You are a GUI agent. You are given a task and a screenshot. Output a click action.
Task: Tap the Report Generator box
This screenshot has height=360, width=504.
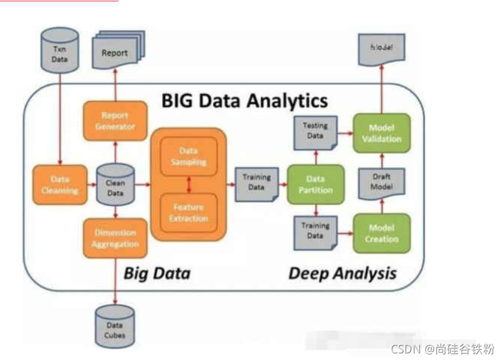coord(115,121)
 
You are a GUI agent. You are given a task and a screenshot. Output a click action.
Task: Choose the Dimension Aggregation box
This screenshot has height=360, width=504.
coord(115,238)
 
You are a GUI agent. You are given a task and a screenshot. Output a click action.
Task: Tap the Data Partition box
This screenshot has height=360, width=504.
coord(315,183)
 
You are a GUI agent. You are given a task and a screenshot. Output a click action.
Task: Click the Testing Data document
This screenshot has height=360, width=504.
coord(315,132)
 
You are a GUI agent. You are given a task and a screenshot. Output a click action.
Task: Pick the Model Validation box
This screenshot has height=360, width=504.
coord(382,132)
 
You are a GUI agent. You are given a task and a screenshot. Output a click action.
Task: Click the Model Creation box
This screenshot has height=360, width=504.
coord(382,233)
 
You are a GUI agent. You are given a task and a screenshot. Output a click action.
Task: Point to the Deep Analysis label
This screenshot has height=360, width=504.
coord(342,273)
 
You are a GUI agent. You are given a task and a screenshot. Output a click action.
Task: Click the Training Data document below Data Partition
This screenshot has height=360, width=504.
coord(315,232)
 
